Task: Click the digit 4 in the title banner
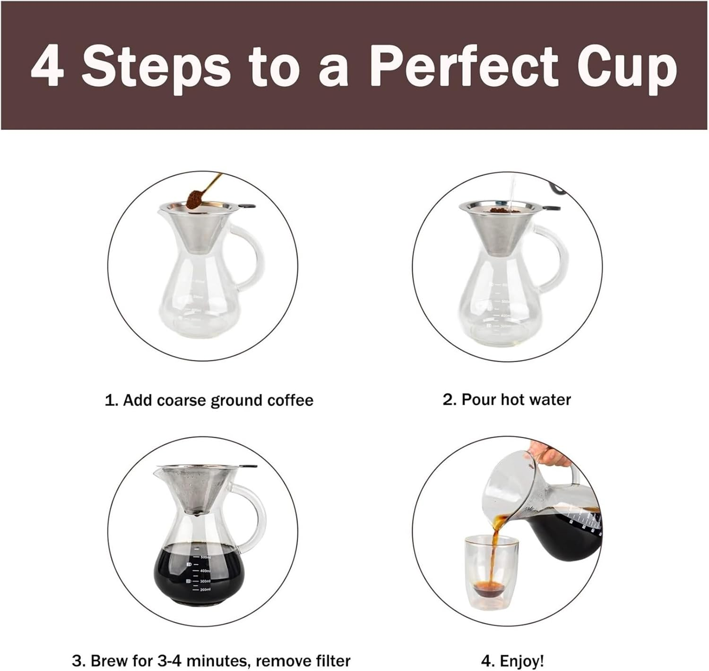pyautogui.click(x=47, y=66)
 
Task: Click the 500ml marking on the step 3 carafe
pyautogui.click(x=204, y=557)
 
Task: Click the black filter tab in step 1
pyautogui.click(x=247, y=206)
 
